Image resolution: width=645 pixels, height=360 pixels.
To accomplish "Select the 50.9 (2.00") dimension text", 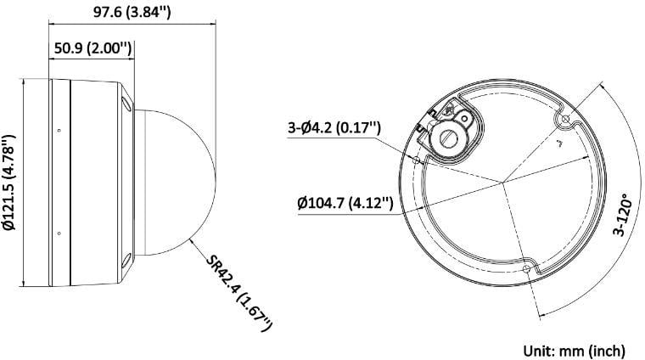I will (x=93, y=49).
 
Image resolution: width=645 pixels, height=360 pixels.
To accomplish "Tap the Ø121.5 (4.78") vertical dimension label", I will (x=10, y=182).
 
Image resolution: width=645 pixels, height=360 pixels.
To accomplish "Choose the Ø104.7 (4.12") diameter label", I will (x=345, y=203).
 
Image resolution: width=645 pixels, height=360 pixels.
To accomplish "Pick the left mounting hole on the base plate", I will (x=418, y=157).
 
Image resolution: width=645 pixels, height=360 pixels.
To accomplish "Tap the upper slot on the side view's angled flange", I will (x=126, y=103).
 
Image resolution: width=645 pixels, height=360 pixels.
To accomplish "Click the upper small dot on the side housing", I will (x=59, y=130).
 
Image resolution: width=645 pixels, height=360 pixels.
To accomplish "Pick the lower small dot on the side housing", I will (x=59, y=233).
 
